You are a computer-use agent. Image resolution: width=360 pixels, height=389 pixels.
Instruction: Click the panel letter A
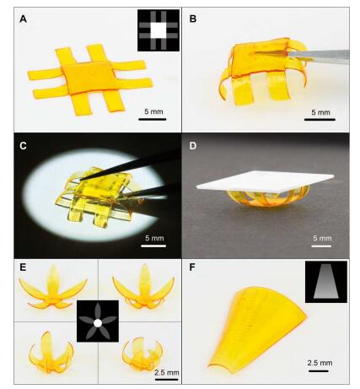pyautogui.click(x=23, y=19)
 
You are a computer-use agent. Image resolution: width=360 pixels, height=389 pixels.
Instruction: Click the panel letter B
pyautogui.click(x=193, y=19)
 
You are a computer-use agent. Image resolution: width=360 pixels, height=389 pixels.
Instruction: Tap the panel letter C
pyautogui.click(x=23, y=146)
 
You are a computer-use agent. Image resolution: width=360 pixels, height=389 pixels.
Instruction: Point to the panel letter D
pyautogui.click(x=193, y=146)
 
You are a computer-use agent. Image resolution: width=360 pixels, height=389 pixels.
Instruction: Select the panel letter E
pyautogui.click(x=23, y=267)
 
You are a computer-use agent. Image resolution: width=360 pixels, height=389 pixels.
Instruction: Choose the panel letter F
pyautogui.click(x=192, y=267)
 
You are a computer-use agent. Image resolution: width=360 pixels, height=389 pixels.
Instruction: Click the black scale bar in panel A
pyautogui.click(x=153, y=119)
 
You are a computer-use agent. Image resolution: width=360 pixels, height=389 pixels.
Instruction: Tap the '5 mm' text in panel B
pyautogui.click(x=320, y=112)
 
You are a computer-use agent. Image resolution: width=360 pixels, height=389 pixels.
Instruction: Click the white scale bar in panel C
pyautogui.click(x=153, y=246)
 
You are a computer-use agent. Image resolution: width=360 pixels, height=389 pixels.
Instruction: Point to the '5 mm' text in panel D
pyautogui.click(x=322, y=238)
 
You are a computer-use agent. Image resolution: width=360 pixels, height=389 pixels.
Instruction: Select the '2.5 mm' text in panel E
pyautogui.click(x=167, y=373)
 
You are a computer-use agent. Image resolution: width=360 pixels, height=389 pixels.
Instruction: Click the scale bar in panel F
pyautogui.click(x=319, y=371)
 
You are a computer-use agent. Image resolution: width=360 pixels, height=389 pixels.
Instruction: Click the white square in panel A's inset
pyautogui.click(x=159, y=30)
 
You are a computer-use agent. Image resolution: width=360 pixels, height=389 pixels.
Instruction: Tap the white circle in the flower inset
pyautogui.click(x=98, y=323)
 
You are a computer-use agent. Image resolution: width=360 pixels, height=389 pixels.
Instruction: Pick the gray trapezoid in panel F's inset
pyautogui.click(x=326, y=281)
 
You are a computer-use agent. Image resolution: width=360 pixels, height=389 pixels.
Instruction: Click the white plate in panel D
pyautogui.click(x=266, y=181)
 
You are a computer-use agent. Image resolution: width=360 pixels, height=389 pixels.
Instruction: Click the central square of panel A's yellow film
pyautogui.click(x=89, y=77)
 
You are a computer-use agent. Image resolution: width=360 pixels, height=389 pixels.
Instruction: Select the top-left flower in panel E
pyautogui.click(x=53, y=289)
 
